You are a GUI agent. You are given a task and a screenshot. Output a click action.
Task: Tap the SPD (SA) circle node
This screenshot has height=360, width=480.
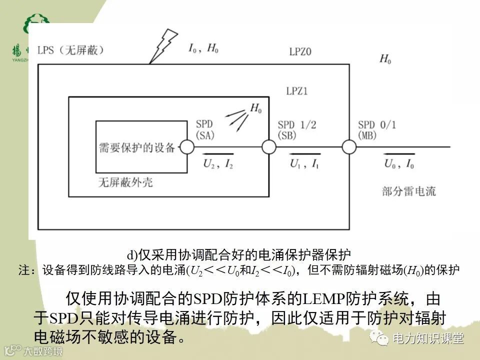187,147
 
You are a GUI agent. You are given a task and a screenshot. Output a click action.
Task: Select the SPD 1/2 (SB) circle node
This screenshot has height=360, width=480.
269,147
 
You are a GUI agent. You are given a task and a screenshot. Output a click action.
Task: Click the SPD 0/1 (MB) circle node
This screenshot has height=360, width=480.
349,147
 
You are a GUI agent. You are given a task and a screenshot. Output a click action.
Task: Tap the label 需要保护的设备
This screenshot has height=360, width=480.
137,147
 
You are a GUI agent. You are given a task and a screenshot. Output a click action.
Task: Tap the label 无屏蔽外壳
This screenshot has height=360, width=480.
125,182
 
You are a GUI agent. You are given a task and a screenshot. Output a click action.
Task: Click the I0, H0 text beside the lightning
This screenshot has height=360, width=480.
203,48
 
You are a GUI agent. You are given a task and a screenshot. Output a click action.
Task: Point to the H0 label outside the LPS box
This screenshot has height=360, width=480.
385,59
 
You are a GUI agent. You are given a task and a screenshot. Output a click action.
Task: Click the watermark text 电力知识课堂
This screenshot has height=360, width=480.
428,338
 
